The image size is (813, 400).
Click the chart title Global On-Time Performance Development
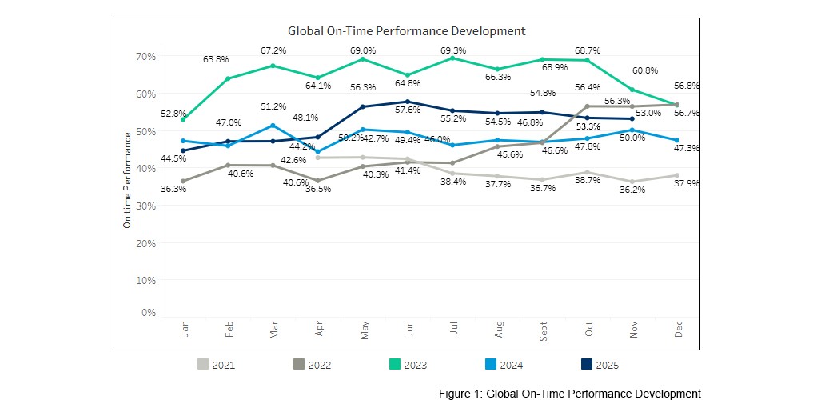(406, 31)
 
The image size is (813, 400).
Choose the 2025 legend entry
(597, 365)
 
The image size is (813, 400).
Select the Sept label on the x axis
(544, 330)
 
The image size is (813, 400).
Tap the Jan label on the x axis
(184, 330)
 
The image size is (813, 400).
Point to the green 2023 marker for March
(273, 66)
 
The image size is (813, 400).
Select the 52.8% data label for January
(174, 114)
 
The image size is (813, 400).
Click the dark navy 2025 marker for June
(408, 102)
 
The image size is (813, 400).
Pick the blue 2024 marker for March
(273, 126)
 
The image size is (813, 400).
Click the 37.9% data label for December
(687, 183)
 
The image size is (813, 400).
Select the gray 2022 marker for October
(588, 106)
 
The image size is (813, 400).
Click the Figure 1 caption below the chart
(569, 393)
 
